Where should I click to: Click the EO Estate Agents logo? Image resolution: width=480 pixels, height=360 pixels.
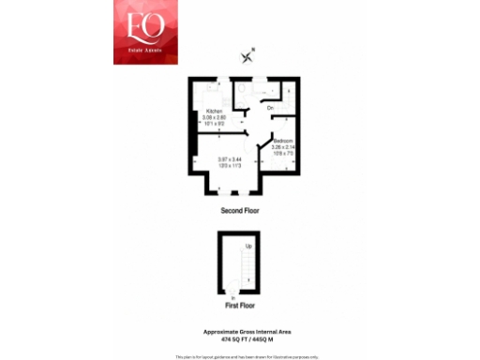(x=145, y=32)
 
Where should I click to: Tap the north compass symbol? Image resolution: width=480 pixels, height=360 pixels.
(x=248, y=56)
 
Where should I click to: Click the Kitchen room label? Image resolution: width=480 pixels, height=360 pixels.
(x=214, y=112)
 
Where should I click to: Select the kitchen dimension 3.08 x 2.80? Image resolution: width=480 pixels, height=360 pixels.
(x=214, y=117)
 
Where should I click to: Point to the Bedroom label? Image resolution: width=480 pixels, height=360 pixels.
(x=284, y=140)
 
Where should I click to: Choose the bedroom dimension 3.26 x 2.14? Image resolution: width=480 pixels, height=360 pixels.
(x=284, y=145)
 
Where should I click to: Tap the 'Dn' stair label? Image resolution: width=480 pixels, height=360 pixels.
(x=270, y=109)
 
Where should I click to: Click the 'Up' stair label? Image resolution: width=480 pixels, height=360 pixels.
(x=248, y=247)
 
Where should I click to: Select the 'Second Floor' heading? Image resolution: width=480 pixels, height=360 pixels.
(x=240, y=210)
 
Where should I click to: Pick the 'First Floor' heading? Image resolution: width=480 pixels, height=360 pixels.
(x=240, y=306)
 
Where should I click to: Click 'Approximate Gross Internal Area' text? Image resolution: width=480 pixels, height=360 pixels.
(x=240, y=331)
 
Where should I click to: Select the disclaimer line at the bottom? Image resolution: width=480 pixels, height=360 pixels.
(x=240, y=356)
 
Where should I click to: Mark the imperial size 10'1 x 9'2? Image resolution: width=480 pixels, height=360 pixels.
(x=214, y=123)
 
